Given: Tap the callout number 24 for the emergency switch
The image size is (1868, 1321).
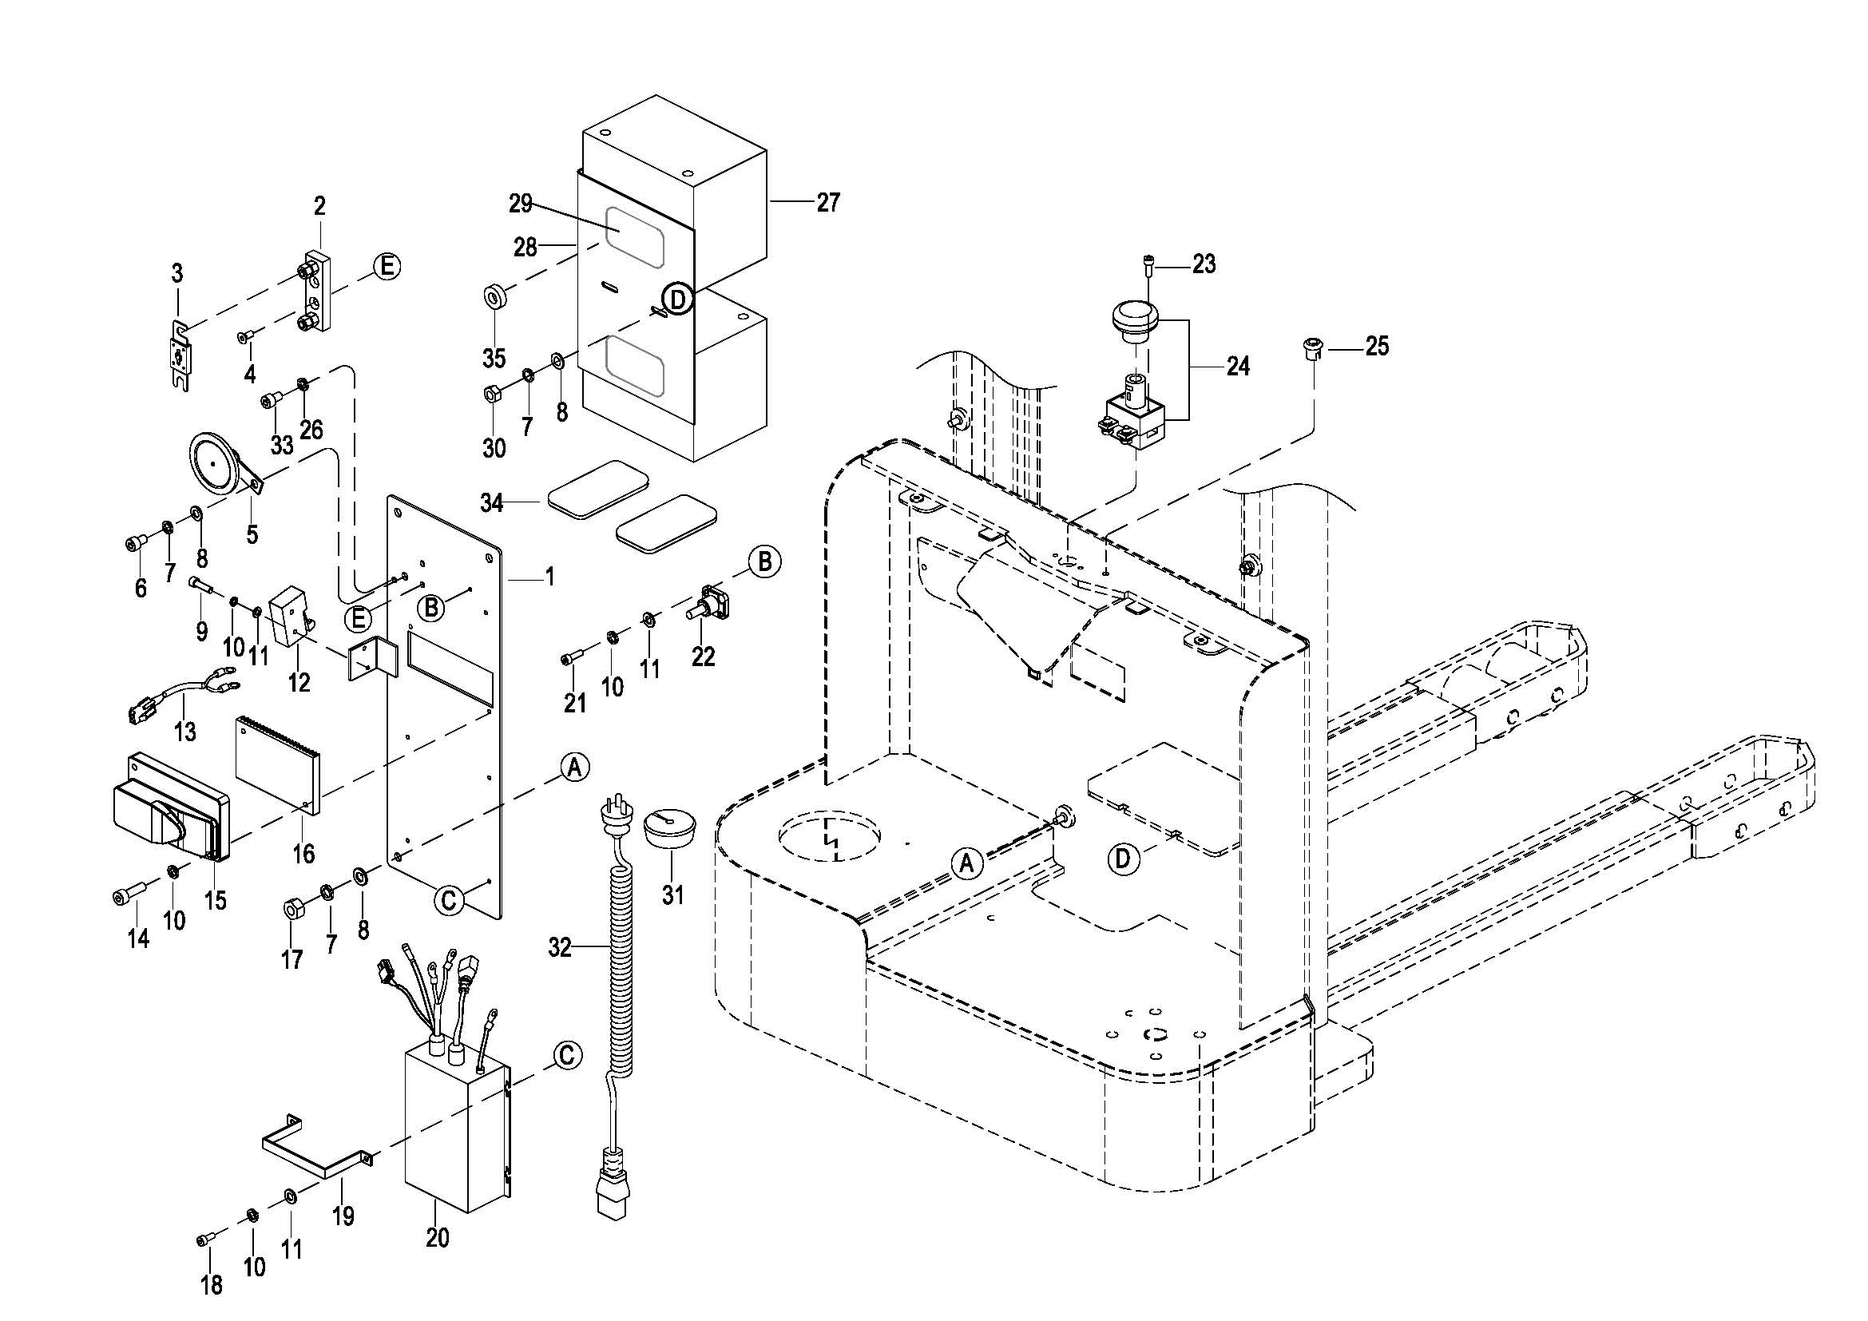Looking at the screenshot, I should click(x=1237, y=367).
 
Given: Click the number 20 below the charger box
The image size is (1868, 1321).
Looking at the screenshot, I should click(x=438, y=1237).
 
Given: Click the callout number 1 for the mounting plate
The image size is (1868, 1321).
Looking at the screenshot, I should click(x=550, y=577).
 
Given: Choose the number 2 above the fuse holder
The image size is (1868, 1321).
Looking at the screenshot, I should click(x=319, y=206).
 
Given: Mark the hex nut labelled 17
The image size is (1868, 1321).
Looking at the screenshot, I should click(x=293, y=906).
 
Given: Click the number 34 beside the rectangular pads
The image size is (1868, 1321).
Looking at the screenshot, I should click(x=491, y=503).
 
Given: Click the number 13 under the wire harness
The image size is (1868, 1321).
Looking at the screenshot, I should click(x=185, y=732).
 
